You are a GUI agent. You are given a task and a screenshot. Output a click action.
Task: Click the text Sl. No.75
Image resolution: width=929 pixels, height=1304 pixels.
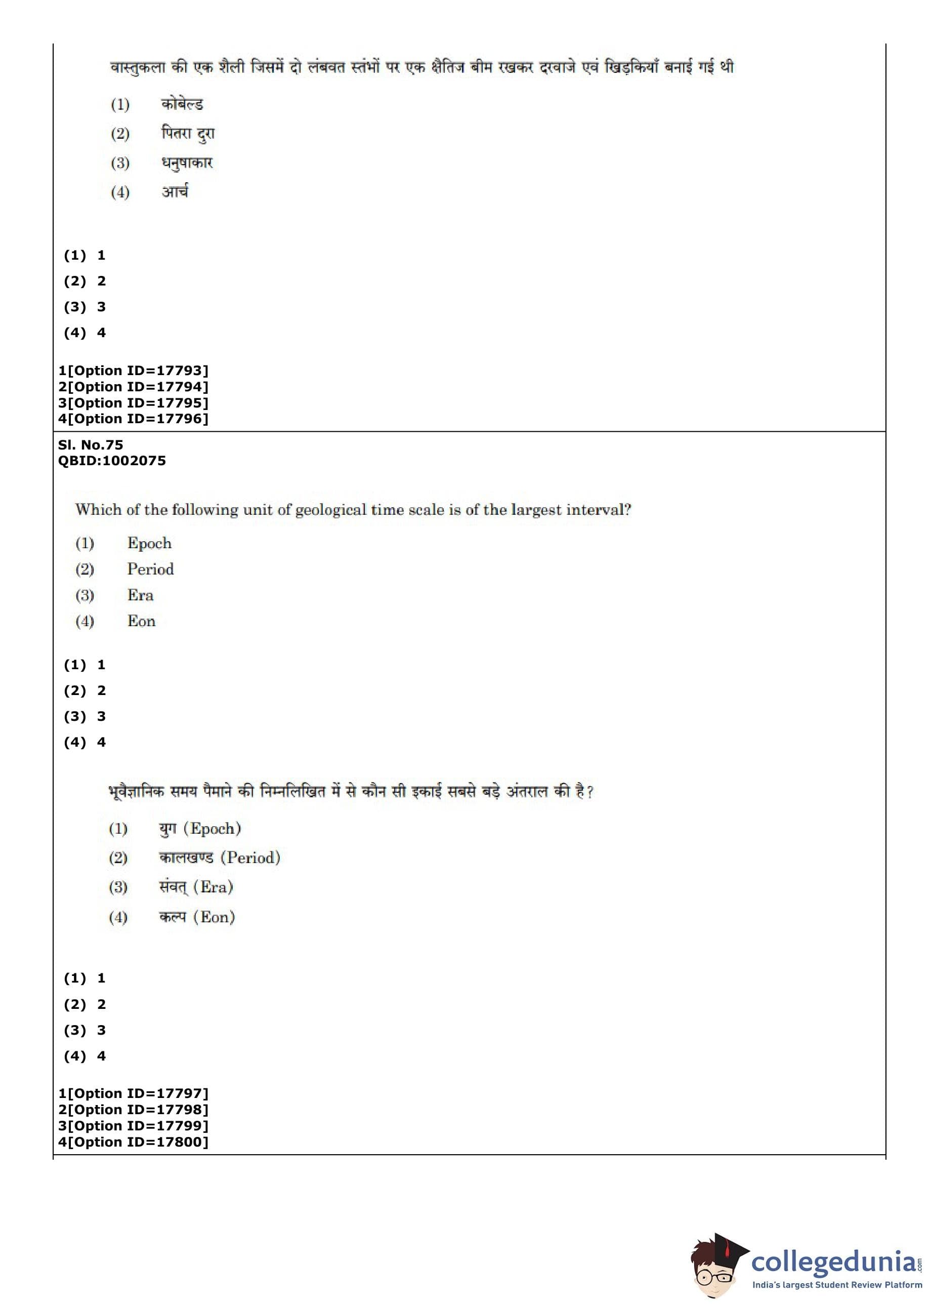point(91,444)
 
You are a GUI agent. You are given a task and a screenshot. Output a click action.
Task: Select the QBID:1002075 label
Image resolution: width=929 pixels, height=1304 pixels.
point(111,461)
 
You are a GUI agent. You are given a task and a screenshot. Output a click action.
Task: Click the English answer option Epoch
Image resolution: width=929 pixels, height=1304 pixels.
point(149,543)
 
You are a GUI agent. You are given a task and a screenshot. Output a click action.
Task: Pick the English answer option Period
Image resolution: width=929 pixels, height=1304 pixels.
point(150,569)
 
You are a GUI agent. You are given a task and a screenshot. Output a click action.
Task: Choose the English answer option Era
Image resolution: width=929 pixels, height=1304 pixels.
point(140,595)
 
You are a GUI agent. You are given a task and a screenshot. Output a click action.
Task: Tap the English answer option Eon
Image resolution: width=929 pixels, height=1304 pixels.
point(141,622)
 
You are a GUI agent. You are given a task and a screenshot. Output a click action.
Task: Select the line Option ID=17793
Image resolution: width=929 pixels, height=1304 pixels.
point(133,371)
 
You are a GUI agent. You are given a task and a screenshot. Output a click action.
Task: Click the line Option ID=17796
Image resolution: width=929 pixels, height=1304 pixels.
point(133,419)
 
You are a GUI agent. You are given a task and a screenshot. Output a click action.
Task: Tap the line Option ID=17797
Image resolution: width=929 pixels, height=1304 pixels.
point(133,1093)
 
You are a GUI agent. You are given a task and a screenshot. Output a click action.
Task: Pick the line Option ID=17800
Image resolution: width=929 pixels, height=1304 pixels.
point(133,1142)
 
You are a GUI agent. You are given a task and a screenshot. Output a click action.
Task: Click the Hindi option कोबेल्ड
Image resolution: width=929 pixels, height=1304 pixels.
point(182,104)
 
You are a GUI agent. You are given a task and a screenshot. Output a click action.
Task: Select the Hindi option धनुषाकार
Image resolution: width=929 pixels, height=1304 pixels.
point(187,163)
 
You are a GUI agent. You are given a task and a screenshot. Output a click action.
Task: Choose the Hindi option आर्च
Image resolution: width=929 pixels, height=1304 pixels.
point(175,192)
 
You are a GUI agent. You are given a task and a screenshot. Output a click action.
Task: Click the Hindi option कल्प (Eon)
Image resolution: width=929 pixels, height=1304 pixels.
point(197,917)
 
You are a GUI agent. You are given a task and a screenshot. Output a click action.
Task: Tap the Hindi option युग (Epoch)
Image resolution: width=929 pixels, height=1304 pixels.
point(200,829)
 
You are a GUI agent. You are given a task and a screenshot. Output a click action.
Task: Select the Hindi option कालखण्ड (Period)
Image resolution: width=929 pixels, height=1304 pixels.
point(220,857)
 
